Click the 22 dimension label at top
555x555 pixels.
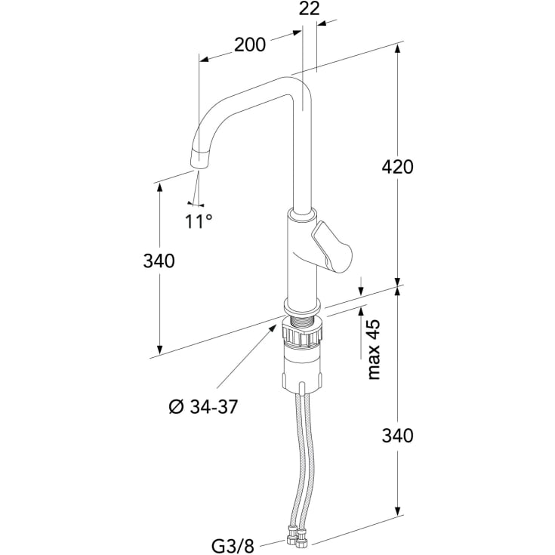309,9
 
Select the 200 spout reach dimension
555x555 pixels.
250,45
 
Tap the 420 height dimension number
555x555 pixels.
397,167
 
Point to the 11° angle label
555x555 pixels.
199,221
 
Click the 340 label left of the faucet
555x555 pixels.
159,261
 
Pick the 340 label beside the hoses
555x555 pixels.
397,436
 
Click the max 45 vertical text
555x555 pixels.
374,350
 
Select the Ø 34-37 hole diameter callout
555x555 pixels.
203,407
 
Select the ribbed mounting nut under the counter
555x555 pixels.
302,335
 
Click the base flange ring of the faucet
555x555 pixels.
302,306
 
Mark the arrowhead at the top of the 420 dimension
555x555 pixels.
397,51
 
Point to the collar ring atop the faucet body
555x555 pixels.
302,215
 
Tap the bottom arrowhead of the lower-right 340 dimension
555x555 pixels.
397,510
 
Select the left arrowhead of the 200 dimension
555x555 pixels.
204,59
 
